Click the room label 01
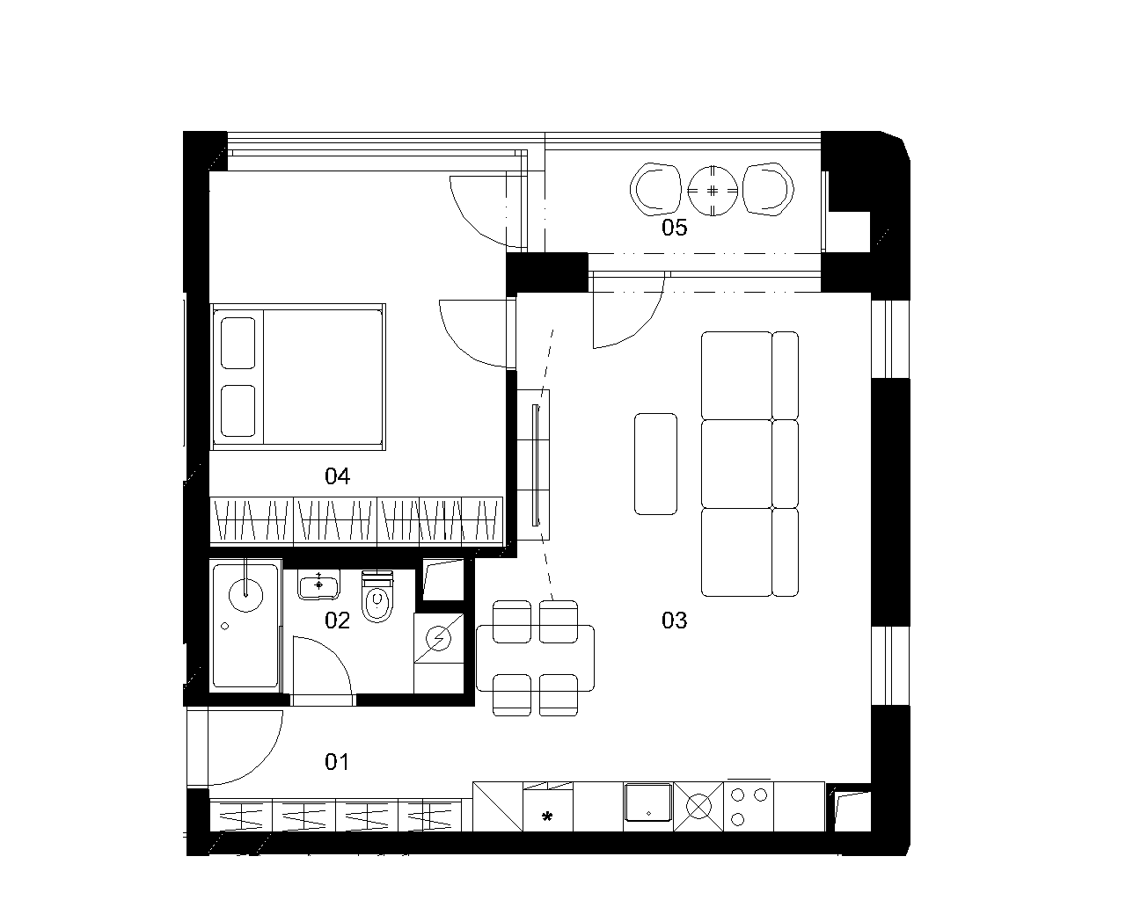click(x=337, y=762)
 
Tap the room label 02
click(x=337, y=621)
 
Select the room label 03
click(x=674, y=621)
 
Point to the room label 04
click(x=337, y=476)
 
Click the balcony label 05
click(x=674, y=229)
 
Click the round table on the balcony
click(x=712, y=190)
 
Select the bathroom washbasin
click(x=318, y=584)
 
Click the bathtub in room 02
click(x=245, y=626)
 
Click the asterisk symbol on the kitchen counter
click(x=546, y=817)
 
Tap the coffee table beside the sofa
click(x=655, y=463)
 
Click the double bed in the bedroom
click(x=298, y=376)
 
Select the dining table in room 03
click(x=535, y=657)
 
